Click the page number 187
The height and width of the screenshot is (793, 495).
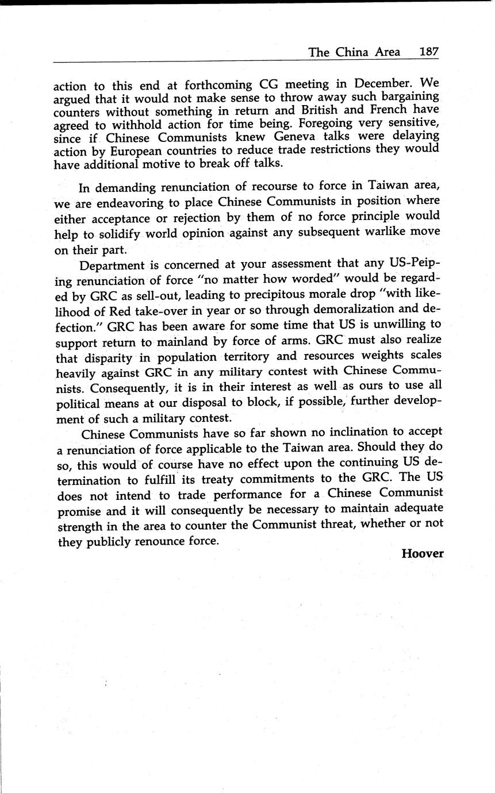point(429,52)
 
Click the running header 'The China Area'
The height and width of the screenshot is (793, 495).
point(354,52)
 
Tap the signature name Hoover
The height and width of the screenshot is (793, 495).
point(423,553)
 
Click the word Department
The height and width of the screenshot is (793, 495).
point(112,265)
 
